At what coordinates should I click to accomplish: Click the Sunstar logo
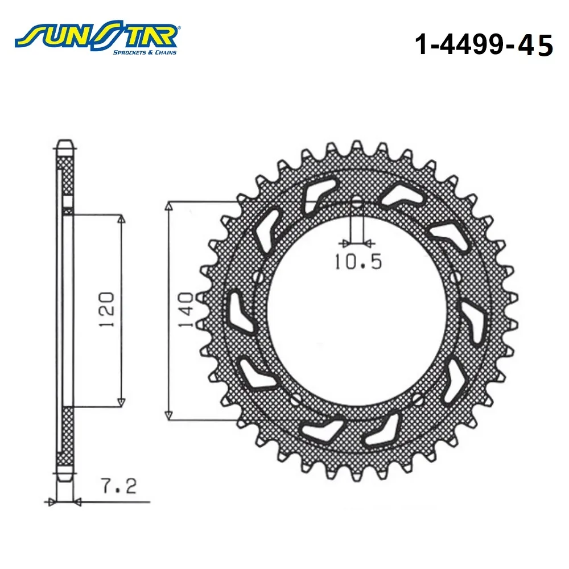click(96, 38)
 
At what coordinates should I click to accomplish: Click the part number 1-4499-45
click(484, 45)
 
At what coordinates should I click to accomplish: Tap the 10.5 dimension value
click(358, 261)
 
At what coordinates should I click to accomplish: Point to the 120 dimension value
click(107, 310)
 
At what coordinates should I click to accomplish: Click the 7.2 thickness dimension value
click(119, 486)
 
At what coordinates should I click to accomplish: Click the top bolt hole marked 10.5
click(357, 203)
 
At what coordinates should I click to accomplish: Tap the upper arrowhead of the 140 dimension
click(168, 207)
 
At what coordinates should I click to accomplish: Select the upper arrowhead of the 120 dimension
click(122, 218)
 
